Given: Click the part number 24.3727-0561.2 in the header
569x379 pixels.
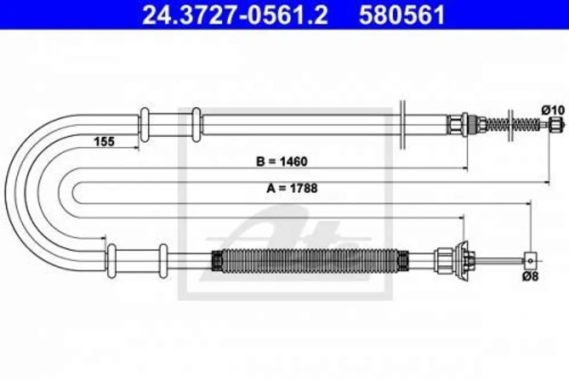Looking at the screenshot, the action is click(235, 15).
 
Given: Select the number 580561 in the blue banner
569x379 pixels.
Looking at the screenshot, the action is click(402, 15).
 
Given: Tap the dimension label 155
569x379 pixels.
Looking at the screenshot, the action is click(104, 141).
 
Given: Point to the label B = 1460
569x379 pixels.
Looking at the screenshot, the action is click(282, 161).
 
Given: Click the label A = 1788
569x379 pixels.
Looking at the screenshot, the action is click(292, 188).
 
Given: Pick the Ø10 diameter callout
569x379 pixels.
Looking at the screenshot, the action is click(553, 109).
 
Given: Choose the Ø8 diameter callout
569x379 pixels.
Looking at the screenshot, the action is click(531, 276).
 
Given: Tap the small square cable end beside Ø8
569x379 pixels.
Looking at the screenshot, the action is click(530, 261).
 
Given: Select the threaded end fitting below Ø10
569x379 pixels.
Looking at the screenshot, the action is click(554, 124).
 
